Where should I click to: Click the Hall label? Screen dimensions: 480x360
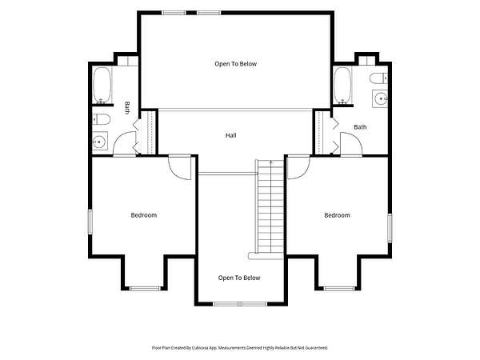point(231,135)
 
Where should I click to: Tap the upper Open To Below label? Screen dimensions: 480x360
point(236,64)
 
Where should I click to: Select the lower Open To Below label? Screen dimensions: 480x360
point(239,278)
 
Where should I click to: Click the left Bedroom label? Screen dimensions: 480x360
point(144,215)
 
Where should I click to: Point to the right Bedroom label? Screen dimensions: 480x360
point(337,215)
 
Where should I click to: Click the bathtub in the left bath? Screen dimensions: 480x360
point(102,86)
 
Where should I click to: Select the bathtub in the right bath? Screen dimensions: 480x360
point(342,86)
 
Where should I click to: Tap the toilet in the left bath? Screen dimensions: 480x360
point(101,119)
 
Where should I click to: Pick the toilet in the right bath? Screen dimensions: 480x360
point(378,78)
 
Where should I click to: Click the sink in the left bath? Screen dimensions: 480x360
point(100,141)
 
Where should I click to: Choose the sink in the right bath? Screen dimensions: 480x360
point(380,98)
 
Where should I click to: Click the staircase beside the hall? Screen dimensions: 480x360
point(270,206)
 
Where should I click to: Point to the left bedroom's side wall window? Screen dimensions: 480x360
point(90,222)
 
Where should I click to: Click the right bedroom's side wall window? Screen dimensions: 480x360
point(390,228)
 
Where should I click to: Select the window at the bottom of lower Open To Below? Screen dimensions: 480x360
point(240,304)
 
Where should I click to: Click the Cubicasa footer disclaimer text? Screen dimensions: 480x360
point(240,348)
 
